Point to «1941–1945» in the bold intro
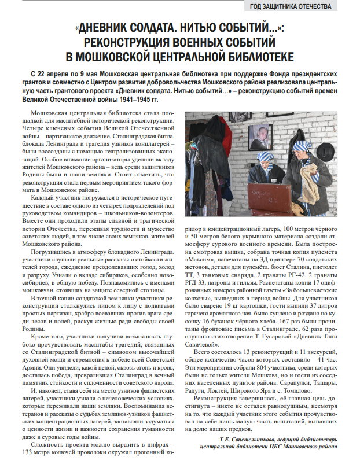pos(131,99)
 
